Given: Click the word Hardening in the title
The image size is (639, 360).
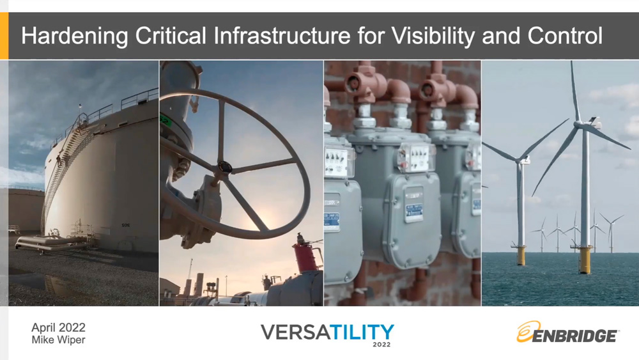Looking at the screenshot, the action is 75,35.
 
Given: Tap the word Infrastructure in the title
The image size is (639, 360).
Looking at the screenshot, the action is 282,35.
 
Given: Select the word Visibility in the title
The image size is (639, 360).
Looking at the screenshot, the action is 433,35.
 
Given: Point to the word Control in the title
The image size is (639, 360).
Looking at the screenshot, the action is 565,35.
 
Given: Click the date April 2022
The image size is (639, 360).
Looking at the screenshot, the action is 58,327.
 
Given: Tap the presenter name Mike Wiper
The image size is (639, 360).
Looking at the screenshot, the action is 58,340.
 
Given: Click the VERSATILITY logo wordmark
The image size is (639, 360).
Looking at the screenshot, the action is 327,332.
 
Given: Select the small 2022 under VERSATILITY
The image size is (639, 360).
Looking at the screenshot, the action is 381,344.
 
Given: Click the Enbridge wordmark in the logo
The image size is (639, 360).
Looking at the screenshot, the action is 574,336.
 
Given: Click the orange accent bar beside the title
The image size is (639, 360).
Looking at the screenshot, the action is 4,36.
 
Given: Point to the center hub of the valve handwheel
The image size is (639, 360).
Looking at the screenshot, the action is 224,167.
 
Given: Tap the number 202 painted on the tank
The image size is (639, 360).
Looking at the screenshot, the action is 126,225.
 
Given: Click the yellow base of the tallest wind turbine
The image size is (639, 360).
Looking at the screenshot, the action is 585,260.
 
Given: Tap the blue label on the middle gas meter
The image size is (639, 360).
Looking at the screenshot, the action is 413,212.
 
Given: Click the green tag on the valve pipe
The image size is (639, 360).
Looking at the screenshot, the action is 164,120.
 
